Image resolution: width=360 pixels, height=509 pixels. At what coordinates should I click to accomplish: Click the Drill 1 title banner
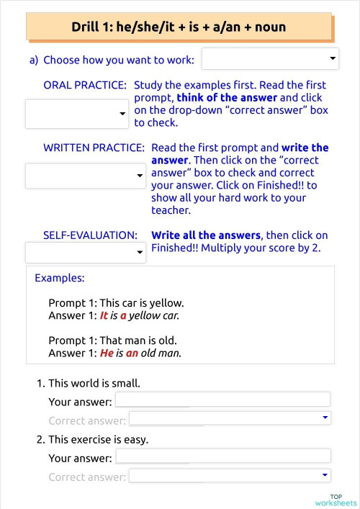179,27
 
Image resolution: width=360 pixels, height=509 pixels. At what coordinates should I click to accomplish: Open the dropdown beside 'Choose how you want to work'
270,58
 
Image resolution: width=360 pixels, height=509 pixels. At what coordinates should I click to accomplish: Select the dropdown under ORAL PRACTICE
76,114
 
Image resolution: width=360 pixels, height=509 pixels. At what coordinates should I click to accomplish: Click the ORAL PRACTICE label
85,85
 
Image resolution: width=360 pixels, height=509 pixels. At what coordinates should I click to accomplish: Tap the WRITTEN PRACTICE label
94,147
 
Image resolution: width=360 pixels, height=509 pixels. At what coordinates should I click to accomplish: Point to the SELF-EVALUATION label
90,235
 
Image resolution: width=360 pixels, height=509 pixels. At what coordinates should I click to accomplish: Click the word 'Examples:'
60,277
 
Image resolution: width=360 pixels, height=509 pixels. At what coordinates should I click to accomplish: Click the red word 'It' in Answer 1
104,315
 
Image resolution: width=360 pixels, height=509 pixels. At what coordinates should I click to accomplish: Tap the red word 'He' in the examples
107,353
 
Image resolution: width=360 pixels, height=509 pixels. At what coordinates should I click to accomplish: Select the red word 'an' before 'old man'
132,353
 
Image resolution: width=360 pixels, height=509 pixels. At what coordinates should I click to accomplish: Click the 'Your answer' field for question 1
222,400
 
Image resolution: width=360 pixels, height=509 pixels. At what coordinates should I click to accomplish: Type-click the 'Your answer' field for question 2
222,456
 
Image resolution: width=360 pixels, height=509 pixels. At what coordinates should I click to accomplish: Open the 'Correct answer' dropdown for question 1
229,418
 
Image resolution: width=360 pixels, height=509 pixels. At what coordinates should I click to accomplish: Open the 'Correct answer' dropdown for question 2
229,475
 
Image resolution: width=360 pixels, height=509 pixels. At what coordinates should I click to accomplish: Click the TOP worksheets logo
336,500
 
